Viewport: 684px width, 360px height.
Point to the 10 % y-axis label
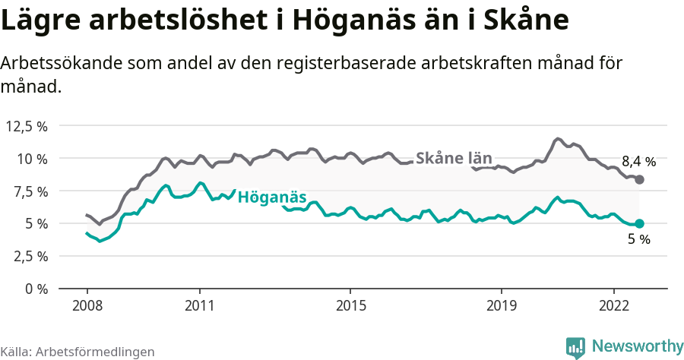point(32,159)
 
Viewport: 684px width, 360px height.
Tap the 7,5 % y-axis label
point(29,191)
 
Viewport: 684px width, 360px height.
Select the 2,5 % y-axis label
point(29,256)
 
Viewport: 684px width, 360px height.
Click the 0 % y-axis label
point(36,289)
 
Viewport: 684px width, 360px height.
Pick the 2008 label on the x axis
point(87,306)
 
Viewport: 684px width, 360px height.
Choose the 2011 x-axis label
point(199,306)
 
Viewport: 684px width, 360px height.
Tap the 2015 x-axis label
point(350,306)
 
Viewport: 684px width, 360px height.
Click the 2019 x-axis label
point(501,306)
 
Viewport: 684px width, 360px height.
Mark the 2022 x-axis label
point(613,306)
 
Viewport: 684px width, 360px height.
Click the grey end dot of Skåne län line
point(639,179)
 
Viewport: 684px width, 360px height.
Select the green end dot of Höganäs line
point(639,223)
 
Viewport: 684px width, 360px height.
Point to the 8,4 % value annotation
point(638,162)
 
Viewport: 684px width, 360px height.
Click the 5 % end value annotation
point(638,240)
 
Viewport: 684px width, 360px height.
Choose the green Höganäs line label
point(272,198)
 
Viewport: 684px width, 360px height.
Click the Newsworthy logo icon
point(575,347)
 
